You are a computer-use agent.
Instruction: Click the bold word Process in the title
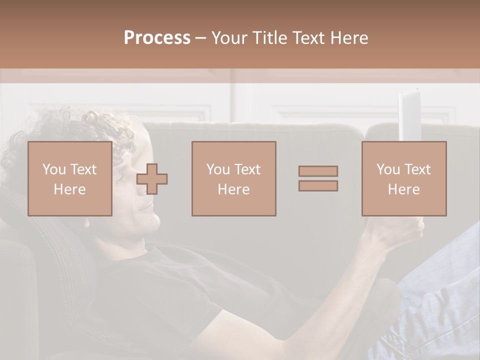point(157,37)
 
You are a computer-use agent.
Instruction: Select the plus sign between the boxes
point(152,179)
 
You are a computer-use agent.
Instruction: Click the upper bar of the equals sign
point(318,171)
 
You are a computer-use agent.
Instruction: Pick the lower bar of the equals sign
point(318,185)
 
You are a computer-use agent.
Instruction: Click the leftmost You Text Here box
point(69,178)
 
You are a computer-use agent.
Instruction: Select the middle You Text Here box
point(233,178)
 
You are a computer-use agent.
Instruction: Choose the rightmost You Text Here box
point(403,178)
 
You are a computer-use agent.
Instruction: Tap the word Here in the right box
point(403,189)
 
